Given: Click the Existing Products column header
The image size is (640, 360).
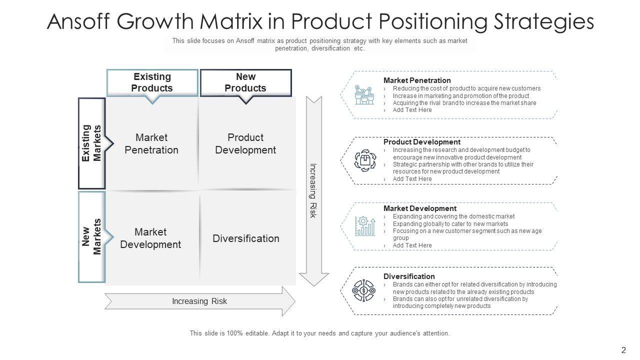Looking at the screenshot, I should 152,82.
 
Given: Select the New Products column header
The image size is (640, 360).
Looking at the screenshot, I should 245,82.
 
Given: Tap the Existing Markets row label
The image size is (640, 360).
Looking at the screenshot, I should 92,143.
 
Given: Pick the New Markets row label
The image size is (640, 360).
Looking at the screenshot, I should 92,236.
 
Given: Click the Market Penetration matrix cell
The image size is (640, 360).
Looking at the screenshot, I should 151,143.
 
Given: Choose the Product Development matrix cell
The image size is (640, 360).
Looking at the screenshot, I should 245,143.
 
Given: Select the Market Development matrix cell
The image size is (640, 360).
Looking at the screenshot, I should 150,238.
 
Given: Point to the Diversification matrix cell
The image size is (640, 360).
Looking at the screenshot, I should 246,238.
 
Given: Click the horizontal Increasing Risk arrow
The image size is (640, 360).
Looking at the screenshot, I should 200,301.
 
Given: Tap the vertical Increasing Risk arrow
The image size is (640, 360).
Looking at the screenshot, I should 313,190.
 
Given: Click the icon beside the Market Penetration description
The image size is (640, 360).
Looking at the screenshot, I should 364,94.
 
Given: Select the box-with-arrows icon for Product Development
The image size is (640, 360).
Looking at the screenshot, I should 364,160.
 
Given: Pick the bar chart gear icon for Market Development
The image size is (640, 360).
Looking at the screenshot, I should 364,226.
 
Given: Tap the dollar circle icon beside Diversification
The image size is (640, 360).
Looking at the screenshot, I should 364,290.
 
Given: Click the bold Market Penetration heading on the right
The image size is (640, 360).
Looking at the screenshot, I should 417,80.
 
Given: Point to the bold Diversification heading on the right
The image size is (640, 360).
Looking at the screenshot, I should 409,276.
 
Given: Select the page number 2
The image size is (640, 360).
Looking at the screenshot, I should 623,350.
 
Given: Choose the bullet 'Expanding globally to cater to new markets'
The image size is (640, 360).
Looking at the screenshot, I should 450,224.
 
